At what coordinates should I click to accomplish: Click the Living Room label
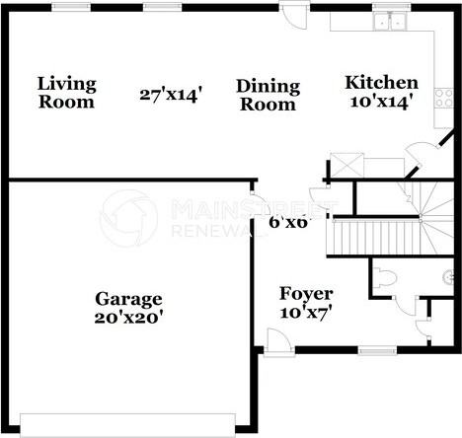[67, 93]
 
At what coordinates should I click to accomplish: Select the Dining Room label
[267, 96]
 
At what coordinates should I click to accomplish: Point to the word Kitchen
[380, 83]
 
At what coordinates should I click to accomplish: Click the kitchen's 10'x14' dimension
[380, 100]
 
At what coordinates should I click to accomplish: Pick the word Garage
[128, 299]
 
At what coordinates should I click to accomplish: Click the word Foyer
[305, 294]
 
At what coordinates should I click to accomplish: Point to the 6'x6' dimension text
[288, 222]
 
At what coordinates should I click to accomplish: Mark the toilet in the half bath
[386, 280]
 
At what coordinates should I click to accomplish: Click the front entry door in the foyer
[278, 340]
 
